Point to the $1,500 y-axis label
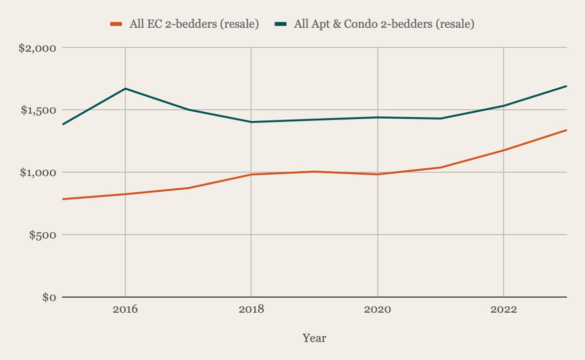coord(39,110)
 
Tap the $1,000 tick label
coord(39,173)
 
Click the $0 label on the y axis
coord(49,298)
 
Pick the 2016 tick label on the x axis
coord(125,310)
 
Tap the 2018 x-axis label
coord(251,310)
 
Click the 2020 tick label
coord(378,310)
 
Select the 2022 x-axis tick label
coord(504,310)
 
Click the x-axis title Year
coord(314,338)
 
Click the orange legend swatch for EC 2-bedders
coord(116,24)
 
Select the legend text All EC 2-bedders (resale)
coord(194,24)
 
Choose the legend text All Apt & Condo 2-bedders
coord(384,24)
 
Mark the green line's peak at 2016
coord(125,88)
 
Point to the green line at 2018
coord(251,122)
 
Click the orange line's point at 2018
coord(251,174)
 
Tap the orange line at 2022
coord(504,150)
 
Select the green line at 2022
coord(504,106)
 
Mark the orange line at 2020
coord(378,174)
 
